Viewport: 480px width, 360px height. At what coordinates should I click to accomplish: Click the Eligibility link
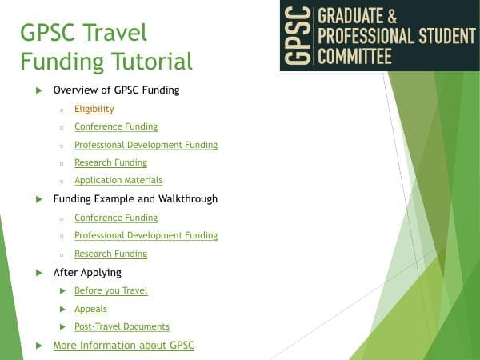(x=94, y=109)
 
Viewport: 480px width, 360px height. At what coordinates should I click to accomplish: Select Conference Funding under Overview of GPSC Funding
(x=116, y=126)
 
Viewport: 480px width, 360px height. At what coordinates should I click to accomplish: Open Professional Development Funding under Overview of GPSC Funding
(x=146, y=145)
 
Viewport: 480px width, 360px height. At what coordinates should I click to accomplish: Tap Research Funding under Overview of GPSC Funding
(x=110, y=162)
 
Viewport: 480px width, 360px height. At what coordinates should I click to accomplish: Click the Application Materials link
(x=118, y=181)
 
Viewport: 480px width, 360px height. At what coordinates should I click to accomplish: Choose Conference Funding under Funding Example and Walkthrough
(x=116, y=218)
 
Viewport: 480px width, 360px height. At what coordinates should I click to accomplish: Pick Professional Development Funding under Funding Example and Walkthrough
(x=146, y=235)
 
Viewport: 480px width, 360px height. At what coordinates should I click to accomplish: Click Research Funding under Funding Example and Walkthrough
(x=110, y=254)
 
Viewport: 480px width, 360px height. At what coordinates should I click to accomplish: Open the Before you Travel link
(x=110, y=290)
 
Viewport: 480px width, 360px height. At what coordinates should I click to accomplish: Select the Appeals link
(x=90, y=309)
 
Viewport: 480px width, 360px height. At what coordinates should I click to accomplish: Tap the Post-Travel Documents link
(x=122, y=326)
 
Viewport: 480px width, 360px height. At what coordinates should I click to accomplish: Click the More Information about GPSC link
(x=123, y=345)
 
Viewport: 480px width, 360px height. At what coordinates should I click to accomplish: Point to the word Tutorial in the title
(x=149, y=61)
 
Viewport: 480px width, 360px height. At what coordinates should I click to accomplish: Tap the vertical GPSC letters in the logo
(x=299, y=35)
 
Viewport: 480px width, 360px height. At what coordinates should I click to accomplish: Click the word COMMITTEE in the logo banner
(x=355, y=56)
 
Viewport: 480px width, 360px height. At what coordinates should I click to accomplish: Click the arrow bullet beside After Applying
(x=38, y=273)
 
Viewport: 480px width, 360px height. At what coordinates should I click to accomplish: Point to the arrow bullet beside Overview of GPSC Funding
(x=38, y=90)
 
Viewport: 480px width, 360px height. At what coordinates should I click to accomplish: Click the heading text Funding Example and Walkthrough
(x=135, y=198)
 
